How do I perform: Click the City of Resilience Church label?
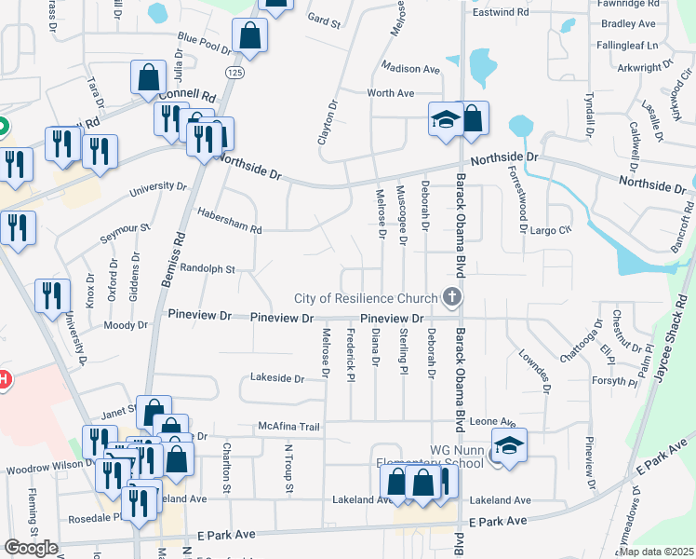click(x=366, y=298)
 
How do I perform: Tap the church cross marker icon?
click(x=452, y=298)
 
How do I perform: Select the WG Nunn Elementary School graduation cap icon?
click(x=509, y=445)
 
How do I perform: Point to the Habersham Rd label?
click(x=230, y=221)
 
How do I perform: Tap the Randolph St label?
click(x=207, y=268)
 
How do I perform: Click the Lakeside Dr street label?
click(x=277, y=379)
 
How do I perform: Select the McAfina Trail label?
click(x=289, y=427)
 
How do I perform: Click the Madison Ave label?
click(x=410, y=69)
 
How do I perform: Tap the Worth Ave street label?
click(x=391, y=93)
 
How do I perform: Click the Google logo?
click(x=31, y=548)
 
